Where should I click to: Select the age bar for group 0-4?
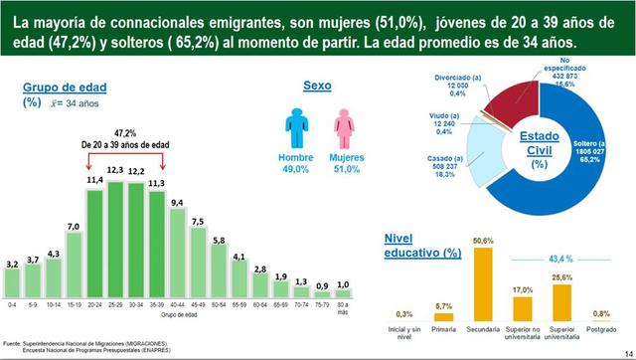(x=12, y=286)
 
